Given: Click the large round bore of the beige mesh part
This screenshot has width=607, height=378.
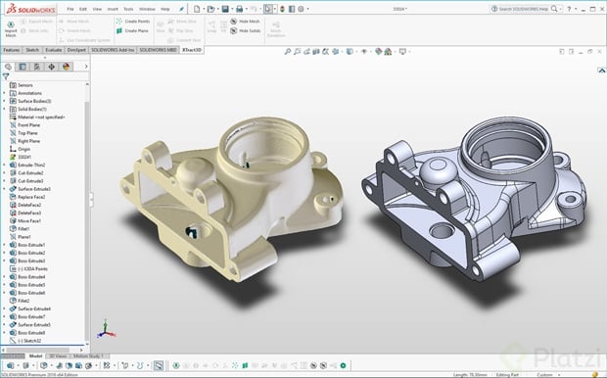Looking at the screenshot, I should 252,146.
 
